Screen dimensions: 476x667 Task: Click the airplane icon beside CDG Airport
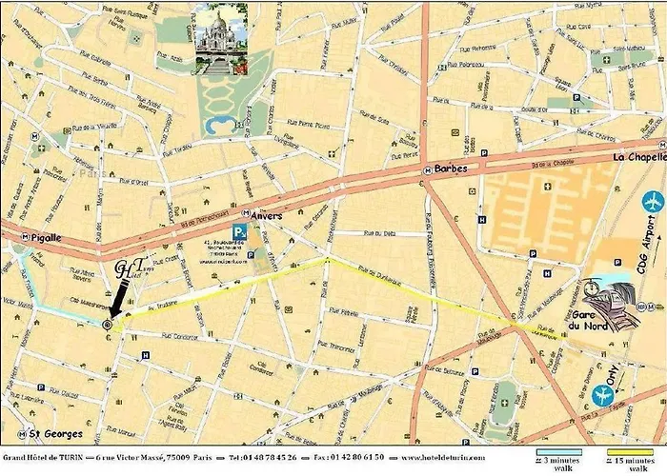coord(653,202)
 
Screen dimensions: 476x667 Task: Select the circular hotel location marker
coord(107,325)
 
